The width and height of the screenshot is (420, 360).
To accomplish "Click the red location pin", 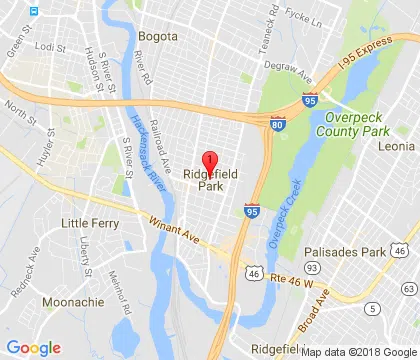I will tap(210, 163).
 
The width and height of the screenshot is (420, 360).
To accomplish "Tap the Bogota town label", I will tap(159, 32).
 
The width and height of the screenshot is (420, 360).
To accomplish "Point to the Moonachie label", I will tap(71, 301).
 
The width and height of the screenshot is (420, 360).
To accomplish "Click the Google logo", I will tap(33, 347).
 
